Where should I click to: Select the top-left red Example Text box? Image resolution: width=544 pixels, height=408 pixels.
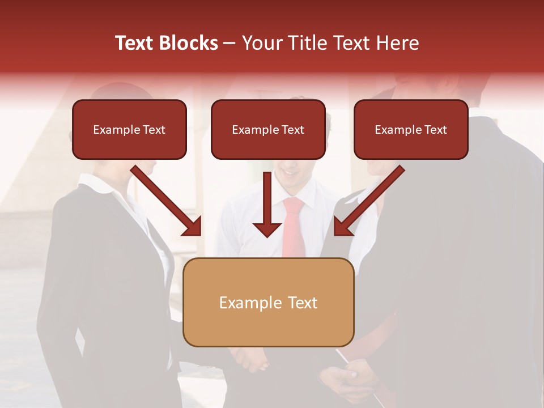129,129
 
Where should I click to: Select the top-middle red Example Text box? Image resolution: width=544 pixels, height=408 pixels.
268,129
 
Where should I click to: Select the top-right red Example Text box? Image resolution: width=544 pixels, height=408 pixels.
411,129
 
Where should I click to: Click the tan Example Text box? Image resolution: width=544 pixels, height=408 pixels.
268,302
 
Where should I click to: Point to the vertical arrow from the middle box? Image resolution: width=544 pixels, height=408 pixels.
267,204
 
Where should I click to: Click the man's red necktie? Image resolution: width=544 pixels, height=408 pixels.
294,227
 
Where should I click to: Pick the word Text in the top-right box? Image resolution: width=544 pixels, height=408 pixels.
435,129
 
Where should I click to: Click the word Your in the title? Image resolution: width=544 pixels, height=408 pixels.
260,43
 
